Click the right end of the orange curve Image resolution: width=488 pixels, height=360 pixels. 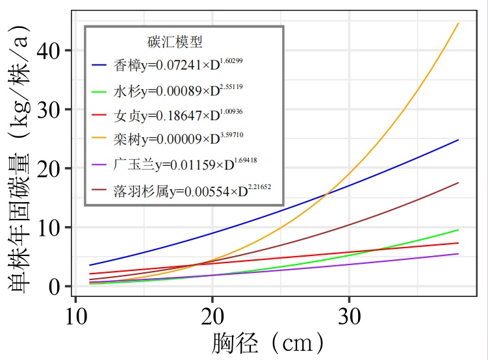point(458,23)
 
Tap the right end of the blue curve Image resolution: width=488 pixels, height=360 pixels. point(458,140)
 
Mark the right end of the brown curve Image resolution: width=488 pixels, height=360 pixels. point(458,183)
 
